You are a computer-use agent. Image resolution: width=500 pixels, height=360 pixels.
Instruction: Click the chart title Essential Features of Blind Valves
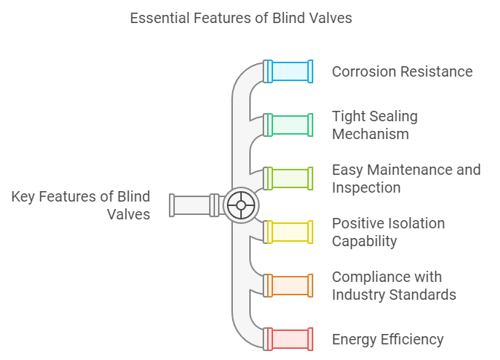point(240,18)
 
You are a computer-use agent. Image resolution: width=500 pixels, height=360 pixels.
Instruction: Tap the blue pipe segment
point(289,71)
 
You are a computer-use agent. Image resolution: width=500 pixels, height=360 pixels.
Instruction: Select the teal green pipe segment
point(289,125)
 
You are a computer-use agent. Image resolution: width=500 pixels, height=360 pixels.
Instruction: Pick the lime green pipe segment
point(289,179)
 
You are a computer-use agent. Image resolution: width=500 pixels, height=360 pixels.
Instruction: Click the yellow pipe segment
point(289,232)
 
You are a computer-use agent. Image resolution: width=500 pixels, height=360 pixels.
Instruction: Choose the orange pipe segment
point(289,286)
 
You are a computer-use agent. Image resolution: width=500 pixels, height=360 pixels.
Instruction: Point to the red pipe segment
point(289,339)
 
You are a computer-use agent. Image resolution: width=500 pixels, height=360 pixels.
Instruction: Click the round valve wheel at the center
point(240,205)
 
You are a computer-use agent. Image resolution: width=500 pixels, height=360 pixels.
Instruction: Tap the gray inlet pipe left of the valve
point(191,205)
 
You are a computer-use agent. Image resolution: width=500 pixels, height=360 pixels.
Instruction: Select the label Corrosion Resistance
point(402,71)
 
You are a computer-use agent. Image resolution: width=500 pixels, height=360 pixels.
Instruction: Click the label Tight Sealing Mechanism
point(374,125)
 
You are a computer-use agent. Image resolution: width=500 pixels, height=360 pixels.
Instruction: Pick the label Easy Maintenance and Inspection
point(406,179)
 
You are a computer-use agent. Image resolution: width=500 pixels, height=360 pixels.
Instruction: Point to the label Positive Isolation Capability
point(388,232)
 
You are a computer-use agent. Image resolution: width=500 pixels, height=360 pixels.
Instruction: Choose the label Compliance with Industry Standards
point(394,286)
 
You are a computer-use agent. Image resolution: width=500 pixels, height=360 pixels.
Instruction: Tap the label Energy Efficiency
point(388,339)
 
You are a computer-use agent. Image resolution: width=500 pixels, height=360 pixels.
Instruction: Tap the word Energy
point(354,340)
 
